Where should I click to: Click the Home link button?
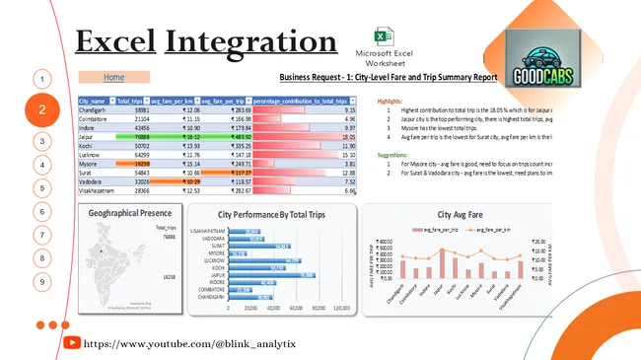click(x=114, y=77)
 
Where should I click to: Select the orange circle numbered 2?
click(x=41, y=111)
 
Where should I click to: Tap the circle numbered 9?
click(x=41, y=281)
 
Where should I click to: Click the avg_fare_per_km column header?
click(x=175, y=101)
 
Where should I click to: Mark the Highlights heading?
click(x=392, y=100)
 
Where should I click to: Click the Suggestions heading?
click(x=394, y=155)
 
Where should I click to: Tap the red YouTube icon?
click(x=72, y=342)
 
